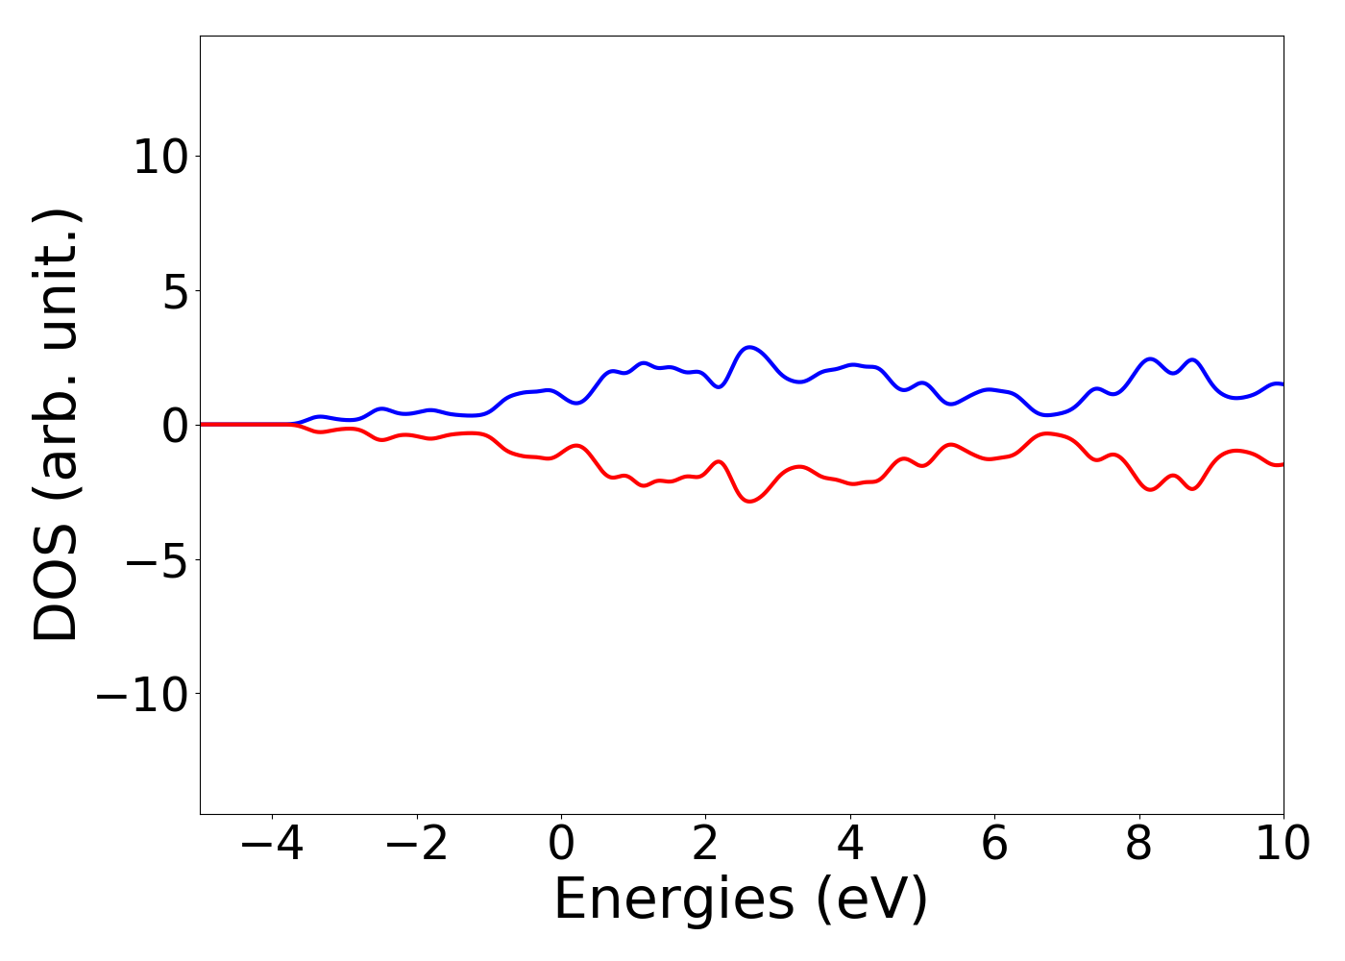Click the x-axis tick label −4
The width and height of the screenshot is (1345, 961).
tap(272, 845)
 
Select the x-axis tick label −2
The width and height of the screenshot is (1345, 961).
tap(416, 845)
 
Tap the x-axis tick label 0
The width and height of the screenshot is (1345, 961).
tap(561, 845)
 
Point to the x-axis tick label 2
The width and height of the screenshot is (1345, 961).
tap(705, 845)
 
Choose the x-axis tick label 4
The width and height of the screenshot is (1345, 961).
tap(850, 845)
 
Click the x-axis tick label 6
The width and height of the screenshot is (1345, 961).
tap(994, 845)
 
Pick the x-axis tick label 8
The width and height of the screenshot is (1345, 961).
tap(1138, 845)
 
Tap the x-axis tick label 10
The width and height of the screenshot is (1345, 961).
tap(1283, 845)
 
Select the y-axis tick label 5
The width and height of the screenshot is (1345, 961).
tap(175, 291)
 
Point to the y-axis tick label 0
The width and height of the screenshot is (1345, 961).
tap(175, 425)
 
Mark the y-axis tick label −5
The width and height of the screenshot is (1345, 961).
tap(160, 559)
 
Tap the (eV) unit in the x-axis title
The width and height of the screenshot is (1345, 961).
tap(872, 900)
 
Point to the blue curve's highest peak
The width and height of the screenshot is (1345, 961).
tap(749, 347)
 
